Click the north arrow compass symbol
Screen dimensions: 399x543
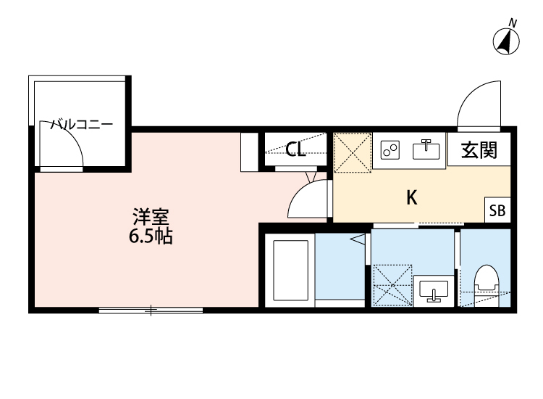tap(508, 41)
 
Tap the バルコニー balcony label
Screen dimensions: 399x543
tap(81, 125)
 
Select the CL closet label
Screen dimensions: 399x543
tap(295, 150)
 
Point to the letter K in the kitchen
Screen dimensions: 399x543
tap(411, 197)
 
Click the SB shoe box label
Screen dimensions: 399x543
tap(498, 210)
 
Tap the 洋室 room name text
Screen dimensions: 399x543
tap(151, 217)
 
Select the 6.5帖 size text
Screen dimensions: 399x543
tap(151, 236)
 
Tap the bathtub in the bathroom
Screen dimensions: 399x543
tap(290, 268)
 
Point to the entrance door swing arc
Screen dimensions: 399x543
tap(478, 102)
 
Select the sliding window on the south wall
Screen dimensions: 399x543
tap(151, 311)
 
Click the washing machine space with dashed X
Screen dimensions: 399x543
tap(391, 285)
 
